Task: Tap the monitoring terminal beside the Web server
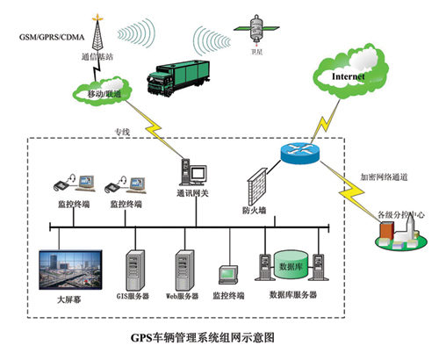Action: coord(229,274)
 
